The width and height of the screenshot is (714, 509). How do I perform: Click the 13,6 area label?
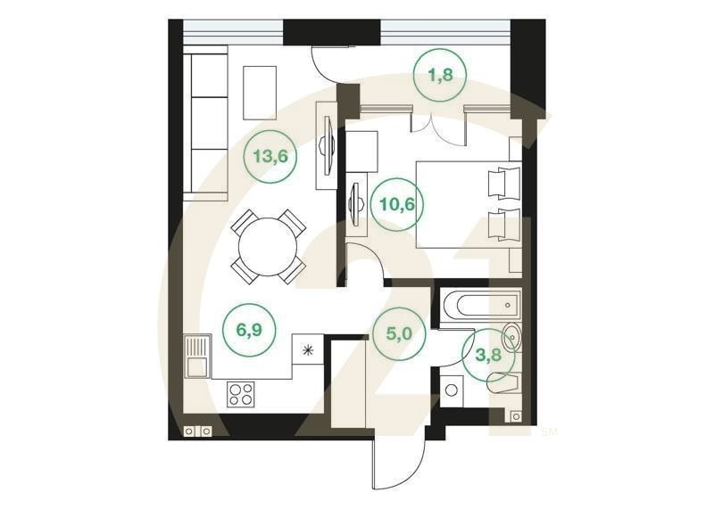(x=269, y=158)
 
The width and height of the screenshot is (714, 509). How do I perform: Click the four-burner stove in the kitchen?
(x=240, y=392)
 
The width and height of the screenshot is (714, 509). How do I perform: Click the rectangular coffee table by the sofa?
(x=260, y=90)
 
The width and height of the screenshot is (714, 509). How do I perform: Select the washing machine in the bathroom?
(x=452, y=390)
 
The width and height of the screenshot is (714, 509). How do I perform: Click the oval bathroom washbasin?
(x=513, y=338)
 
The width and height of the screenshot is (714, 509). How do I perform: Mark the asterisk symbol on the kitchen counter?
(x=309, y=349)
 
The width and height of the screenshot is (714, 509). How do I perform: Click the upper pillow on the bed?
(x=502, y=183)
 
